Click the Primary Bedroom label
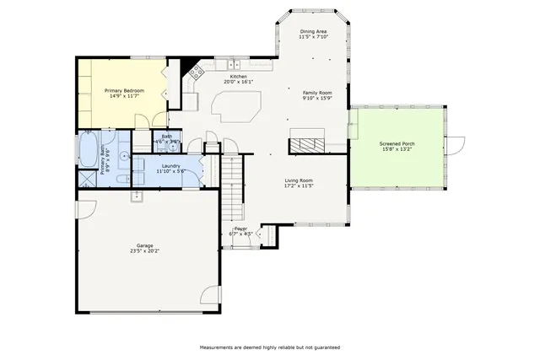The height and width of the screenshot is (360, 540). (124, 90)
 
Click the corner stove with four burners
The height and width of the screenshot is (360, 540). (197, 73)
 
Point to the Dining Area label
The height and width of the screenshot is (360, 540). (312, 31)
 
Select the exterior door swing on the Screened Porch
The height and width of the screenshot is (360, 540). (456, 145)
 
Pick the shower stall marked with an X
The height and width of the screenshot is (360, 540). (86, 179)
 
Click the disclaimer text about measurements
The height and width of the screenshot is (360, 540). (269, 347)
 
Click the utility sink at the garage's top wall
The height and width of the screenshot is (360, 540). (136, 196)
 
